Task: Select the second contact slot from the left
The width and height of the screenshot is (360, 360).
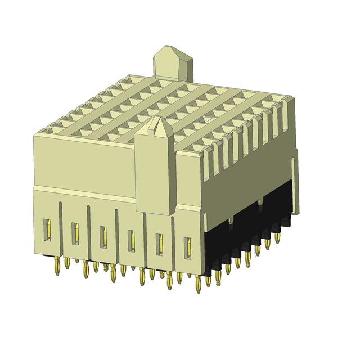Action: [75, 233]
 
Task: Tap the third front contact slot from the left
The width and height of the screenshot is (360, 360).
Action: [103, 236]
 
